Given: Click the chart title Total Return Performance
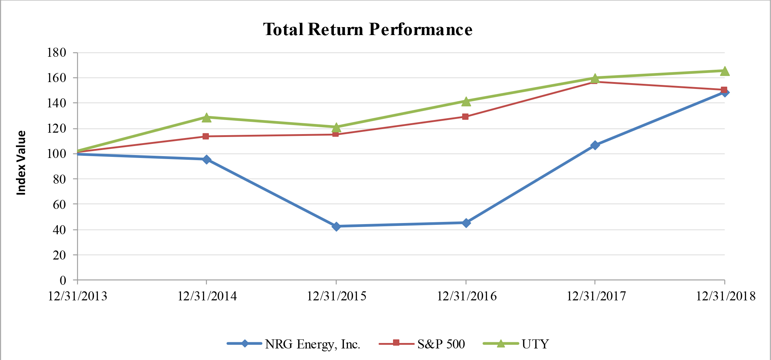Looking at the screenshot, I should [x=367, y=29].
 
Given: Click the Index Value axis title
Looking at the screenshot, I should [x=21, y=163].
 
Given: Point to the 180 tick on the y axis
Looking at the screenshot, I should [x=57, y=53].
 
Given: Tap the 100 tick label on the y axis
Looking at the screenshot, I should [x=57, y=154].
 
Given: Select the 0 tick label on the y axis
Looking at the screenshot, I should [x=63, y=280].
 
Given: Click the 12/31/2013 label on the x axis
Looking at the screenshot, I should [x=78, y=296].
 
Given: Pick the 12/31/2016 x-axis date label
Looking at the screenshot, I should [x=466, y=296].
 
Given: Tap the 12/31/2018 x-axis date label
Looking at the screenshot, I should [x=725, y=296].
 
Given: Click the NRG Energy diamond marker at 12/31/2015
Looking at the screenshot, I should [x=336, y=227].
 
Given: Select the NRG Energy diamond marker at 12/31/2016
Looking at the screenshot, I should [x=466, y=223].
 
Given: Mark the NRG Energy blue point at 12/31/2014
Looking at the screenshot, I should [x=207, y=159].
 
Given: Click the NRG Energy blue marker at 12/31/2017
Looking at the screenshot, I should [x=595, y=145].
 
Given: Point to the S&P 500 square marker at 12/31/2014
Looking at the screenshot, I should [x=206, y=136].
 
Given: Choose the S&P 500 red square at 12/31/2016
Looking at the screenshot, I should [x=465, y=117].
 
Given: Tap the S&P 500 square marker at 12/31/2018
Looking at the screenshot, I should [x=724, y=90].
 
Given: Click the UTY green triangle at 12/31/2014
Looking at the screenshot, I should [x=206, y=117].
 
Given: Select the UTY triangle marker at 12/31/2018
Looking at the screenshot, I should [x=725, y=71].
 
